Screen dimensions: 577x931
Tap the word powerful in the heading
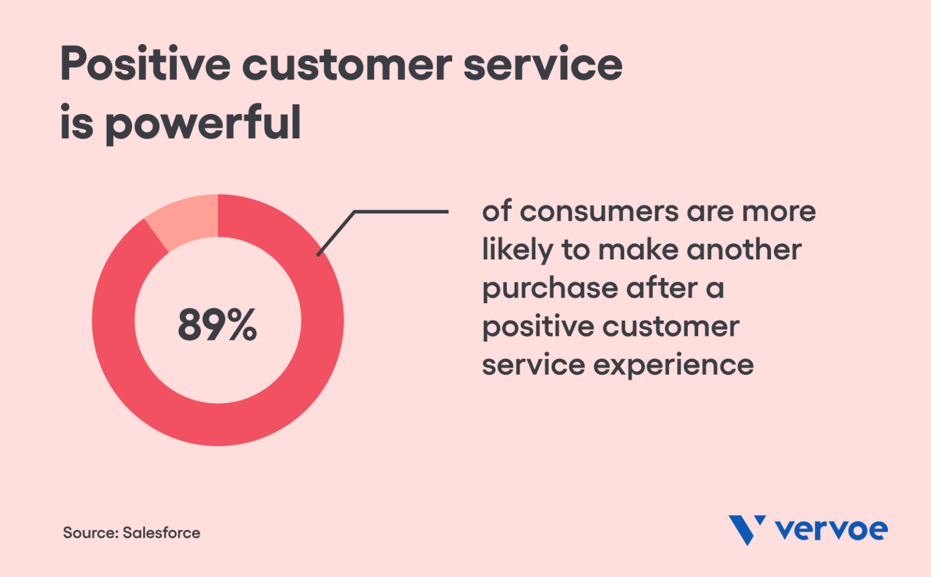[203, 123]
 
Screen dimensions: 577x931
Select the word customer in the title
[347, 64]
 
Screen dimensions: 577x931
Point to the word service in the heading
[542, 64]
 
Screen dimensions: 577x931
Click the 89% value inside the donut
[217, 325]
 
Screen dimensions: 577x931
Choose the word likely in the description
[517, 250]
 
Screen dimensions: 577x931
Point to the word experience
[673, 365]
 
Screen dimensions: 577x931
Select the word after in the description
[661, 288]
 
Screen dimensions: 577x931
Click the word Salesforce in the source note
[161, 533]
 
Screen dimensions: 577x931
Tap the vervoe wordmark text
[831, 530]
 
